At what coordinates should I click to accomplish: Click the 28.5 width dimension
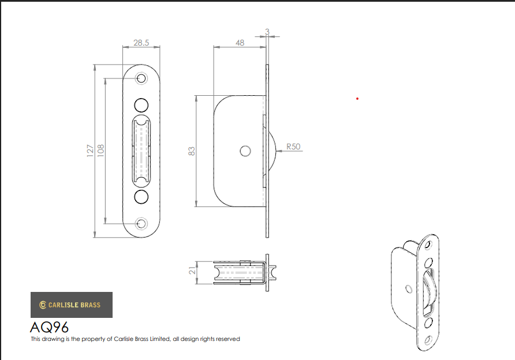coord(141,43)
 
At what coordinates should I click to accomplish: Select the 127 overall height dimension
coord(90,151)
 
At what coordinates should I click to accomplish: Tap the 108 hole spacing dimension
coord(100,151)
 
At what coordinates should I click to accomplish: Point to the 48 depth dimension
coord(240,43)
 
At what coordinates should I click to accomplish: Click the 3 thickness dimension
coord(267,32)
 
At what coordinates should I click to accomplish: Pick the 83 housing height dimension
coord(192,151)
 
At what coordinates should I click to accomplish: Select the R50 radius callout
coord(293,147)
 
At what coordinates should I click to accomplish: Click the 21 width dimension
coord(192,271)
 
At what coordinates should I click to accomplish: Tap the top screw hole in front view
coord(141,78)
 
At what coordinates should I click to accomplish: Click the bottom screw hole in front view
coord(141,223)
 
